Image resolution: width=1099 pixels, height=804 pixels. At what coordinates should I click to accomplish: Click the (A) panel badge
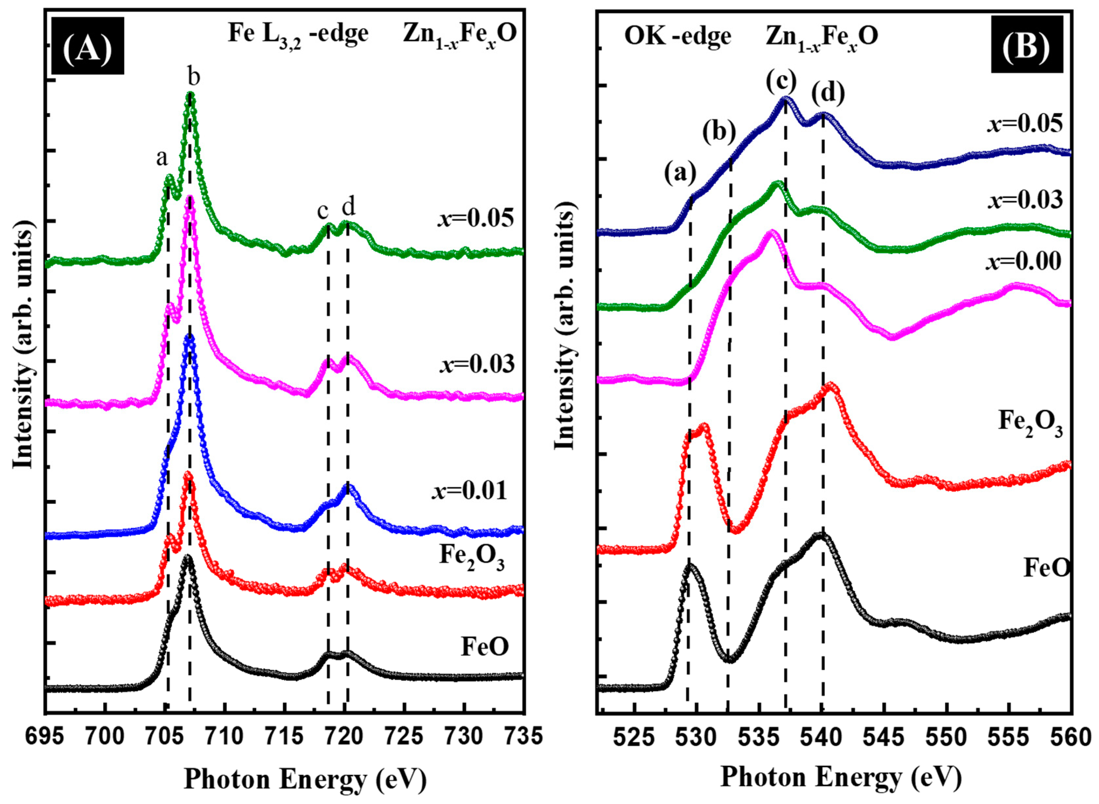(x=87, y=45)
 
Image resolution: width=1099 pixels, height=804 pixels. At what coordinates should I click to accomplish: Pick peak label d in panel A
(x=348, y=207)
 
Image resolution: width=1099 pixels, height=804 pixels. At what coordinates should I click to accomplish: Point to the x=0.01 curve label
(x=469, y=490)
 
